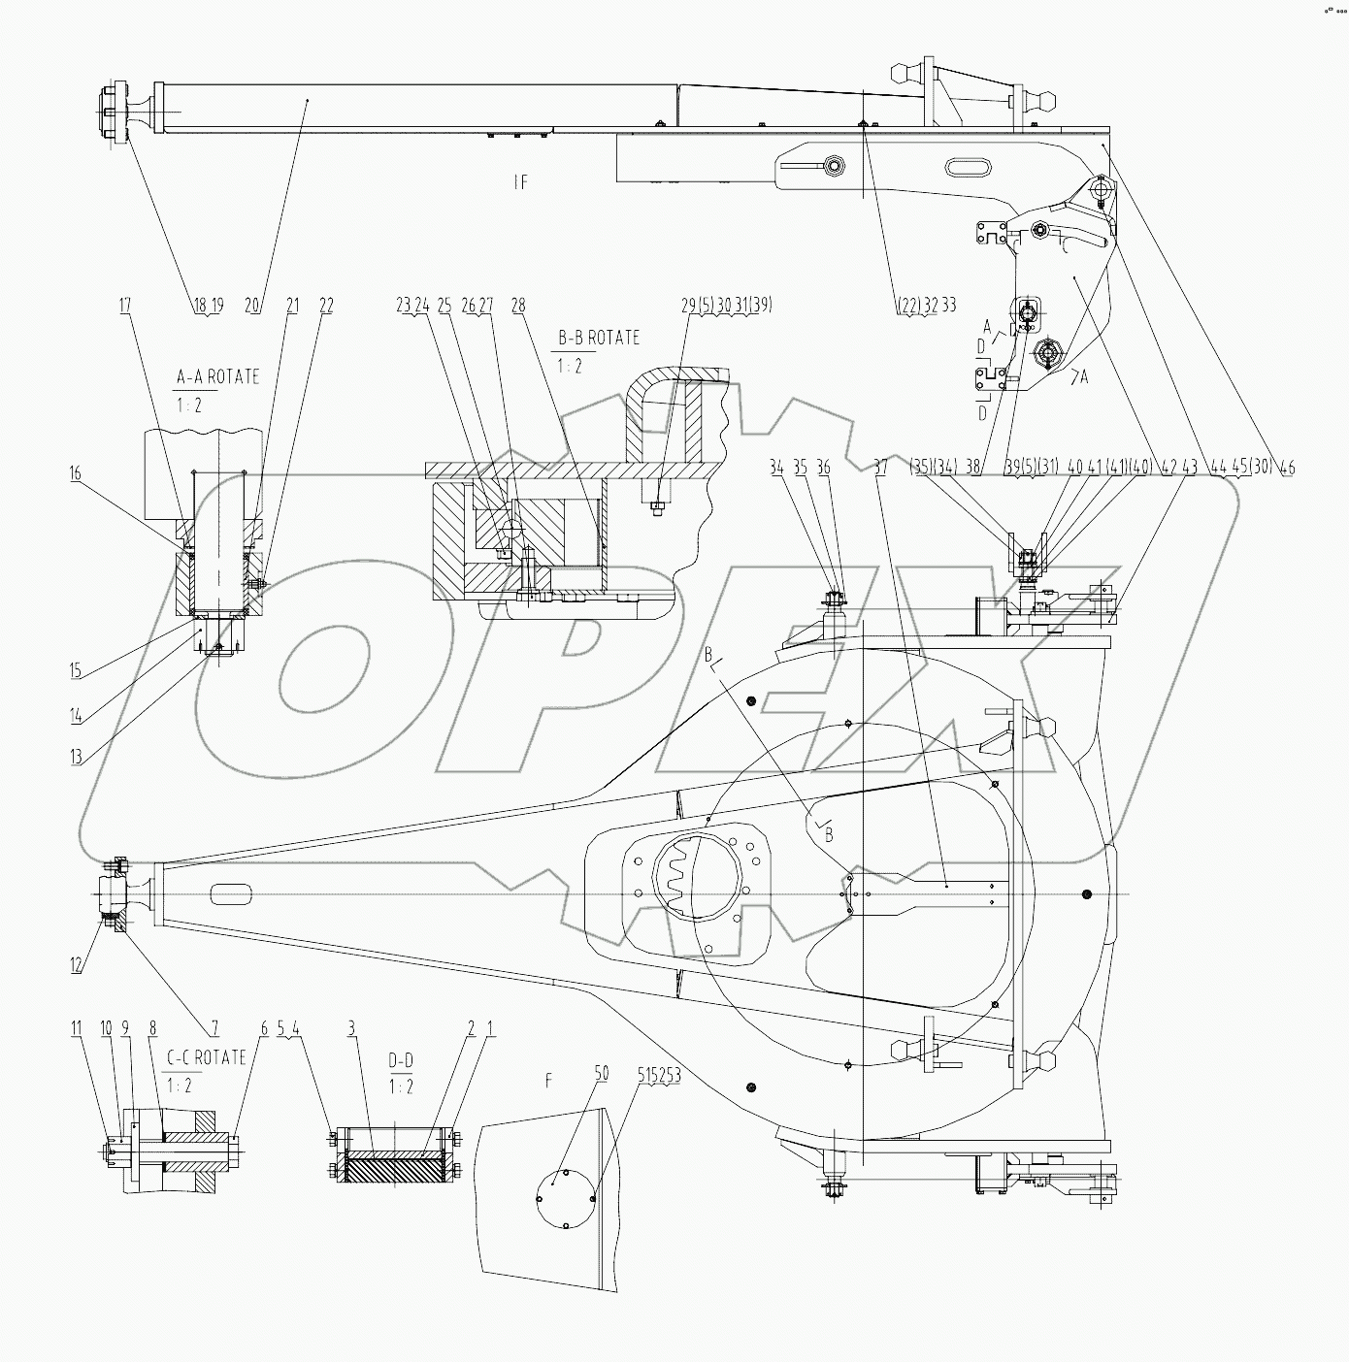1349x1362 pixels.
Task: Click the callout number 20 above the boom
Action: pyautogui.click(x=252, y=305)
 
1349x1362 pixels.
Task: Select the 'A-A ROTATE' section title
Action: pyautogui.click(x=217, y=377)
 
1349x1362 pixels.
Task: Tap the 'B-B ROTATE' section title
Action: pyautogui.click(x=598, y=338)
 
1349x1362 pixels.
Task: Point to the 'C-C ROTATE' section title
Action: pyautogui.click(x=207, y=1057)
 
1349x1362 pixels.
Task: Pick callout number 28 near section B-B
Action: pyautogui.click(x=517, y=306)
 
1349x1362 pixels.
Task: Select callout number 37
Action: pyautogui.click(x=880, y=468)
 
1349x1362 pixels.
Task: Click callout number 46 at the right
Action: pyautogui.click(x=1288, y=468)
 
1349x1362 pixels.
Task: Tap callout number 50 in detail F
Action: pyautogui.click(x=602, y=1074)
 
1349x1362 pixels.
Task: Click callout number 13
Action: pyautogui.click(x=76, y=758)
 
